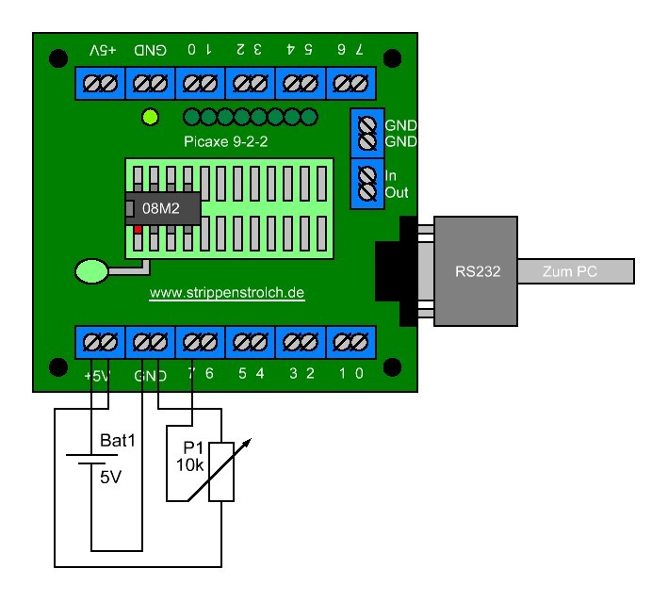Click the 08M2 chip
coord(163,208)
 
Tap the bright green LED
coord(151,117)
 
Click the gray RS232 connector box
coord(476,271)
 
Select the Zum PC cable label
coord(570,271)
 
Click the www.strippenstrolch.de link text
coord(227,293)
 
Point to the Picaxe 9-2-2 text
coord(226,141)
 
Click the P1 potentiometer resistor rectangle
coord(221,472)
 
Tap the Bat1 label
coord(117,441)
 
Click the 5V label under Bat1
coord(111,477)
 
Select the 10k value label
coord(190,465)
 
